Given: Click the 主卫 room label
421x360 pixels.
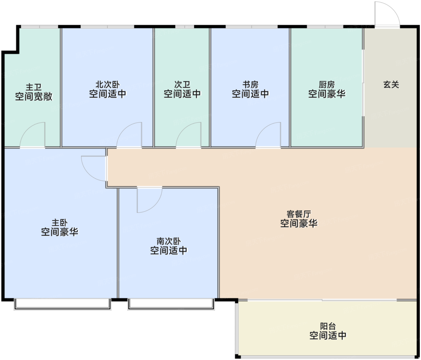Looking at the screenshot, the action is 34,87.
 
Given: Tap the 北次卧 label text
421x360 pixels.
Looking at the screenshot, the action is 108,85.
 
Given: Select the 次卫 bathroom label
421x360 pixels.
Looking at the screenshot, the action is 182,85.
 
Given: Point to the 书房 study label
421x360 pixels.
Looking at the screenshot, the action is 250,85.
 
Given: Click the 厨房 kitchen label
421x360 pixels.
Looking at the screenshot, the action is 327,85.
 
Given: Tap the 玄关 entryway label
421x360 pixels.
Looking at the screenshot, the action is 391,85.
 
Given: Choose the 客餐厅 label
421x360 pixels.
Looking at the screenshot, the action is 299,214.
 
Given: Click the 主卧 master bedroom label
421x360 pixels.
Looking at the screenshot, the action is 60,223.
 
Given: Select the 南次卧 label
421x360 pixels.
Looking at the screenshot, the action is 169,242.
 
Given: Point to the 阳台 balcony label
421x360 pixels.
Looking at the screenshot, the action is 328,326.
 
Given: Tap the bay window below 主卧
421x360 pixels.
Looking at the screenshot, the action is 63,304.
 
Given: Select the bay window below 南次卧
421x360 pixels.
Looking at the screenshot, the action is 171,304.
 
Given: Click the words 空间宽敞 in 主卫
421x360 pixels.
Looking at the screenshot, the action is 34,97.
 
